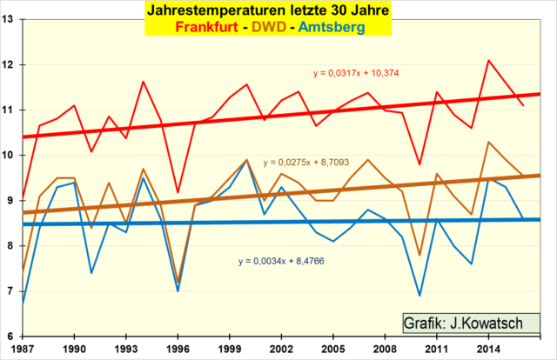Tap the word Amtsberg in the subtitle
click(328, 28)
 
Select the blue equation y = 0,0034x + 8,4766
click(281, 261)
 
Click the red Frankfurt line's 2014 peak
click(489, 60)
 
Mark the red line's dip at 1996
click(178, 192)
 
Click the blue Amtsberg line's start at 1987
click(23, 304)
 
